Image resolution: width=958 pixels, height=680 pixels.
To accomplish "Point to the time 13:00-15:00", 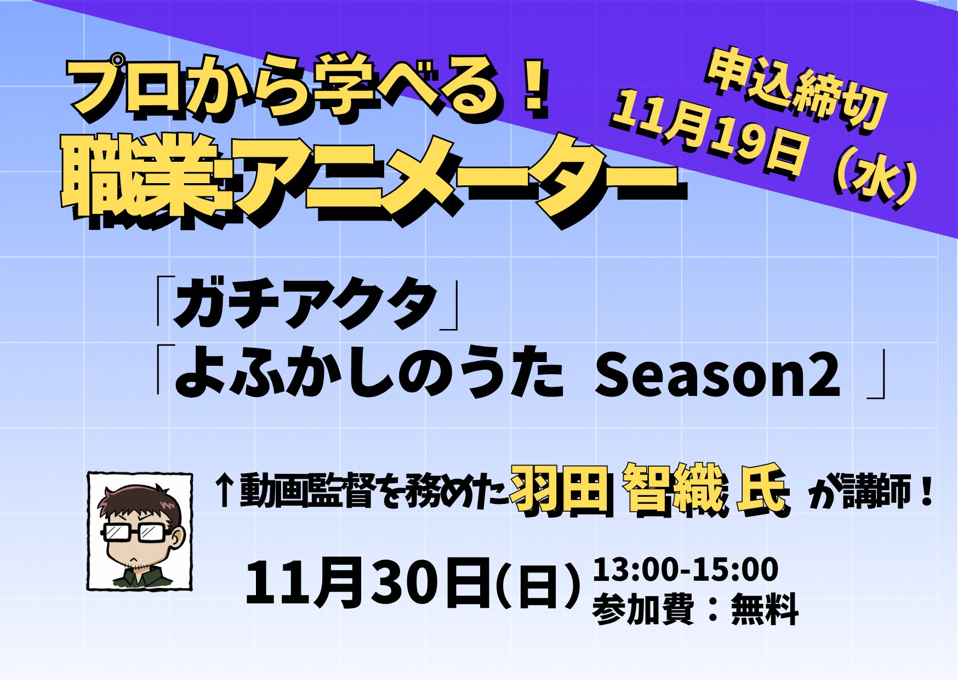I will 685,569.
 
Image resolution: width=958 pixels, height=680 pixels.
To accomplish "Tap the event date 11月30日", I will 367,582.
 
